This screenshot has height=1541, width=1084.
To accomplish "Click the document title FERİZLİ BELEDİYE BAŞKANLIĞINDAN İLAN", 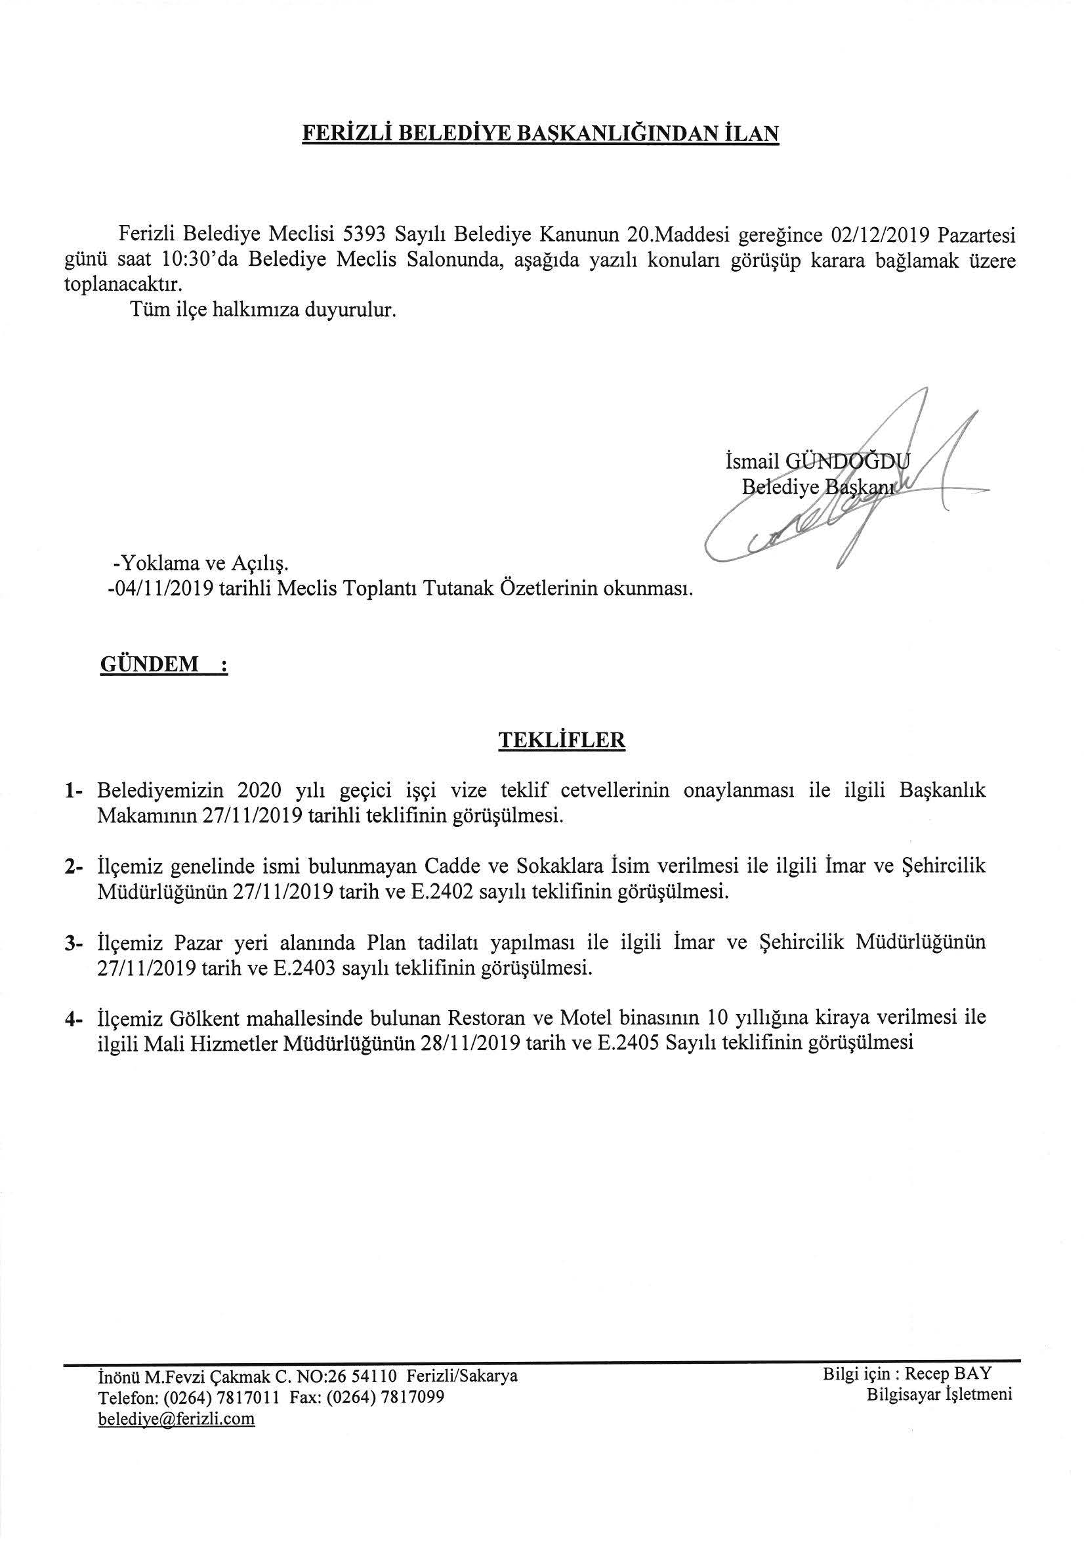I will (540, 133).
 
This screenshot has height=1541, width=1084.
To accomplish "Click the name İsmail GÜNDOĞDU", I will (818, 461).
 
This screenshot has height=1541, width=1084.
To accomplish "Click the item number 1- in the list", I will (74, 792).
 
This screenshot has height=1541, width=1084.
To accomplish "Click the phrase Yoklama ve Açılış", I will (202, 564).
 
